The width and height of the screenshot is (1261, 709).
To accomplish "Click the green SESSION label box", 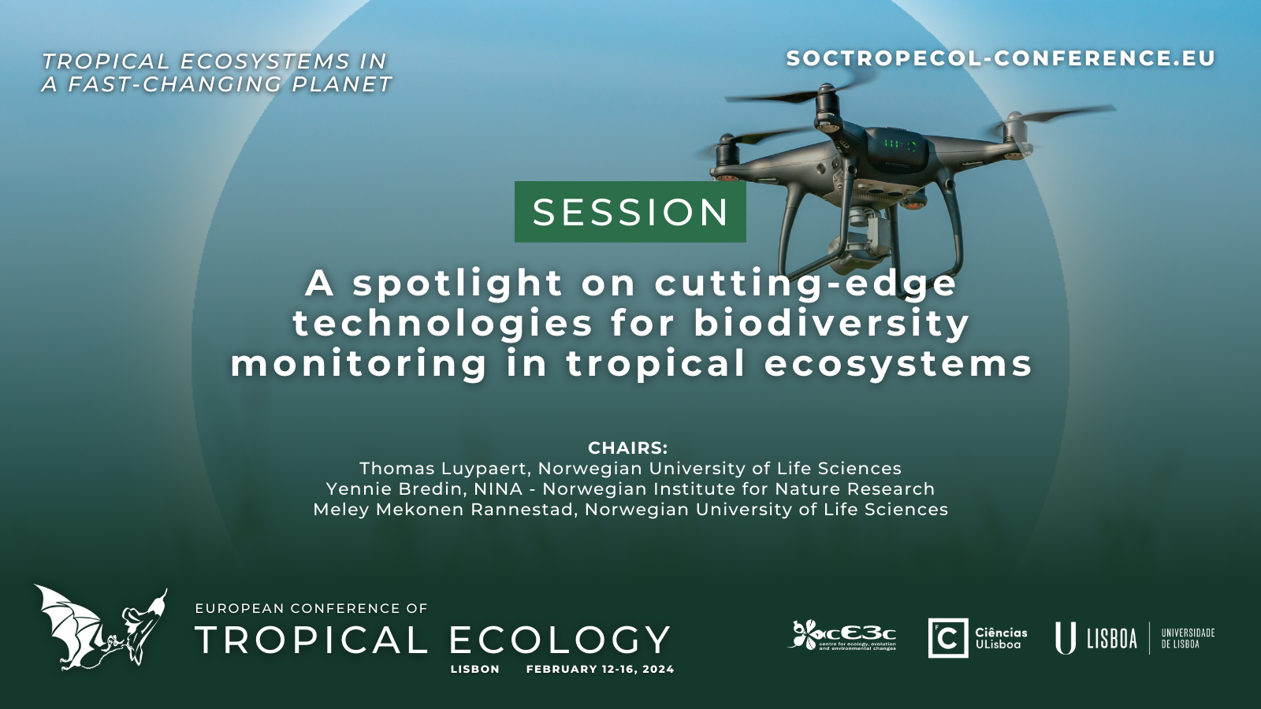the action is pyautogui.click(x=630, y=212).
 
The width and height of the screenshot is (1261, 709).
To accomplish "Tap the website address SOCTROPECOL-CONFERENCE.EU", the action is pyautogui.click(x=1001, y=58).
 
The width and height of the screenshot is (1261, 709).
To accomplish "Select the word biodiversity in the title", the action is pyautogui.click(x=831, y=323).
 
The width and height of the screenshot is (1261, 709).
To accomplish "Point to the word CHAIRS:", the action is pyautogui.click(x=627, y=448).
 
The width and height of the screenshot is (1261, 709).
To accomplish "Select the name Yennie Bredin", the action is pyautogui.click(x=395, y=489).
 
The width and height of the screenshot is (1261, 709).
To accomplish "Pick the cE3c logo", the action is pyautogui.click(x=843, y=636).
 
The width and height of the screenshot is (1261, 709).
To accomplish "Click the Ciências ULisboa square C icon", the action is pyautogui.click(x=948, y=637).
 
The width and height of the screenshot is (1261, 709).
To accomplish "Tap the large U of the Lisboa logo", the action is pyautogui.click(x=1065, y=638).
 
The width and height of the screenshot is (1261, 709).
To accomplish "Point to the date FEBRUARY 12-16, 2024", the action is pyautogui.click(x=600, y=669).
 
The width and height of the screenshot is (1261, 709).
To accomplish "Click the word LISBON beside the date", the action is pyautogui.click(x=475, y=669).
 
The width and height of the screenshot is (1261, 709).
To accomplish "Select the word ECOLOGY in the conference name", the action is pyautogui.click(x=559, y=640).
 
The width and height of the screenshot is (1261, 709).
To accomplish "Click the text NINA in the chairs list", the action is pyautogui.click(x=498, y=489).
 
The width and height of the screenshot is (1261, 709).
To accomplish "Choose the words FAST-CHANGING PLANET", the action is pyautogui.click(x=229, y=84).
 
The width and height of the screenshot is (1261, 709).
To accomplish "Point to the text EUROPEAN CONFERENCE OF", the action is pyautogui.click(x=311, y=608).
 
